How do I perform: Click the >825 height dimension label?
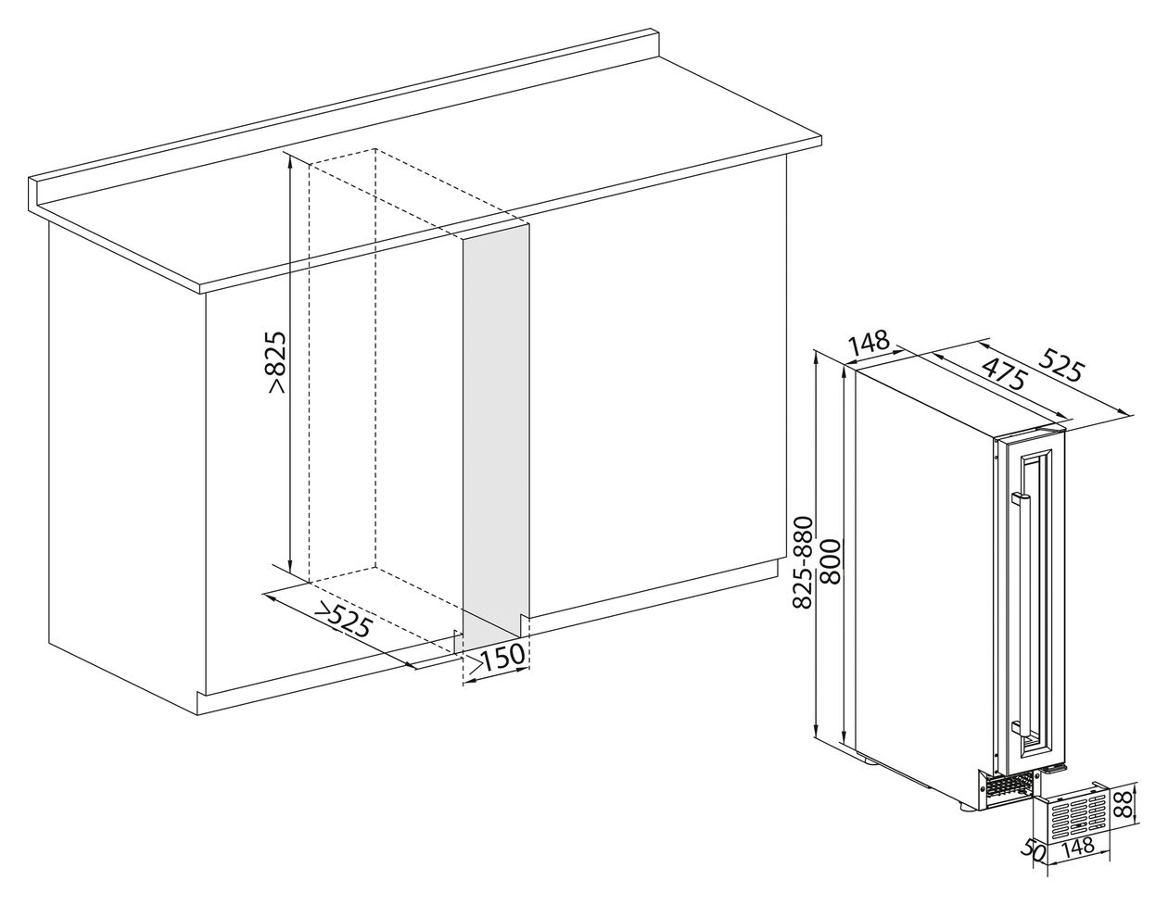(x=278, y=364)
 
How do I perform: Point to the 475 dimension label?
(x=1003, y=373)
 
